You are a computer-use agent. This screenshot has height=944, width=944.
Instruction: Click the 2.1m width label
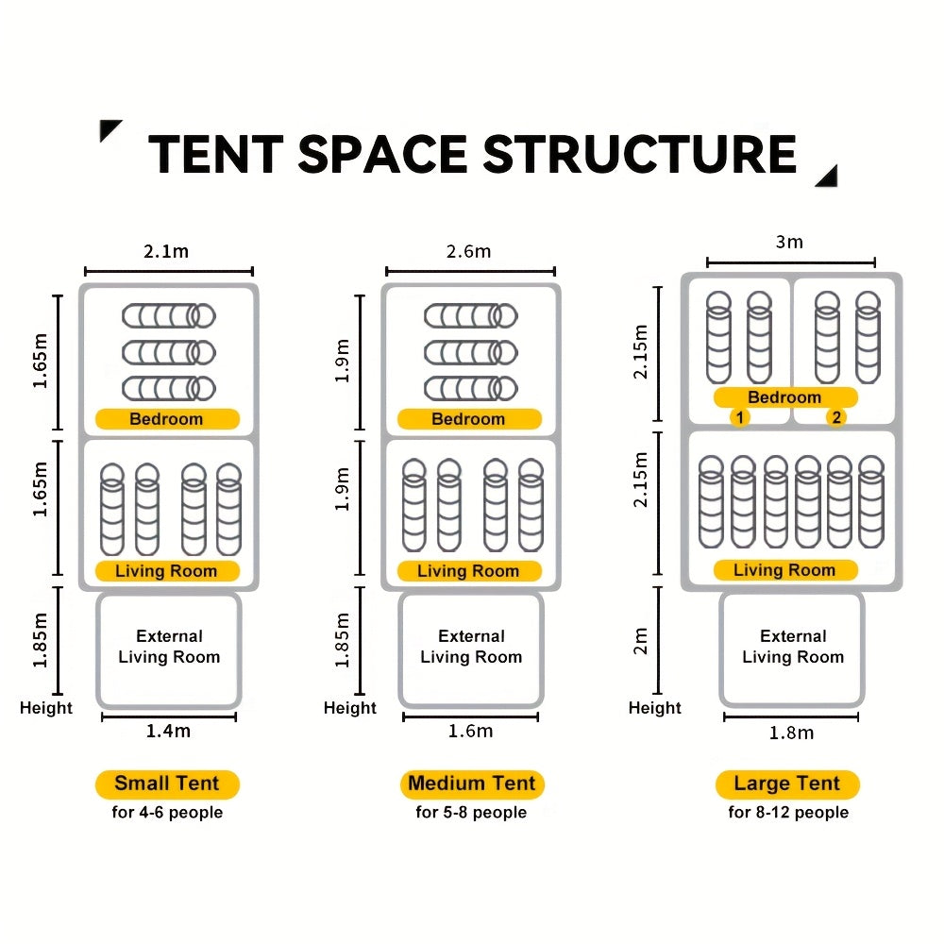[x=166, y=251]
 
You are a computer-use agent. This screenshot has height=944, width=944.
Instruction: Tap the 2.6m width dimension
[x=468, y=251]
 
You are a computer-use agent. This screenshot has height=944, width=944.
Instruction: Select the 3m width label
[x=789, y=242]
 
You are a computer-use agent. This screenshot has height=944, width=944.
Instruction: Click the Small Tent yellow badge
[x=167, y=784]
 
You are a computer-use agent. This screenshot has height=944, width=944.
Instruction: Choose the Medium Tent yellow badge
[x=472, y=784]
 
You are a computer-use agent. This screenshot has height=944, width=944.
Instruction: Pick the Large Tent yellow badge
[x=787, y=784]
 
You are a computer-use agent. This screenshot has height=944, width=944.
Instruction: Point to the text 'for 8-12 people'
[x=788, y=812]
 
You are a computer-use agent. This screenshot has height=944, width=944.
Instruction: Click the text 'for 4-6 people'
[x=167, y=812]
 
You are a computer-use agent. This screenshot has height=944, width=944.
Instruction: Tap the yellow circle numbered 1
[x=740, y=417]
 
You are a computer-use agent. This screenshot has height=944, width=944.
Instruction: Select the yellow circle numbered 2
[x=836, y=417]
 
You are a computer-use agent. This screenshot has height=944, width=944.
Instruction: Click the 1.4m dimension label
[x=169, y=731]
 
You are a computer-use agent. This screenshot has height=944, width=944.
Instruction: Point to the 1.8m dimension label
[x=792, y=733]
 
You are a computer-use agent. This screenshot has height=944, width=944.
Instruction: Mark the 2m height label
[x=641, y=641]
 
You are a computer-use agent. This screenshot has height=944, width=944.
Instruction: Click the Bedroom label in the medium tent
[x=468, y=419]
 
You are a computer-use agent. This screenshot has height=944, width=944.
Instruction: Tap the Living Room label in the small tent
[x=166, y=571]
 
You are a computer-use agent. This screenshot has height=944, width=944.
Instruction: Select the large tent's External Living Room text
[x=793, y=647]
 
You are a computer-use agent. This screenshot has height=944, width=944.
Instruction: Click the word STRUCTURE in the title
[x=640, y=154]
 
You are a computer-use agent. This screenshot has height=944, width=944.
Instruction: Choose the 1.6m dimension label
[x=471, y=731]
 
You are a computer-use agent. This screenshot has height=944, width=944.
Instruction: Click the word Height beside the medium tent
[x=350, y=708]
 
